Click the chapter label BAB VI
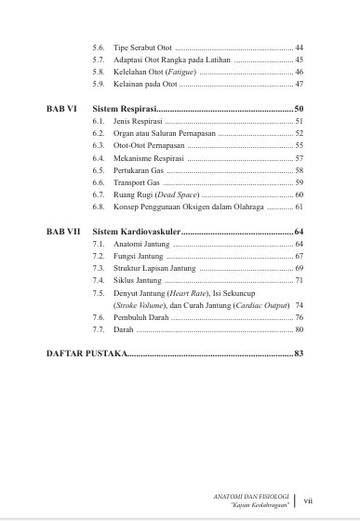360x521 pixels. (61, 109)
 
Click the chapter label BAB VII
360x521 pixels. (63, 230)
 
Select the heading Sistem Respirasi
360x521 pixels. (131, 109)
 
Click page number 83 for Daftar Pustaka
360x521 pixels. (298, 354)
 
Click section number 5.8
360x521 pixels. (99, 71)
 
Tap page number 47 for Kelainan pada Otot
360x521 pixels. (299, 84)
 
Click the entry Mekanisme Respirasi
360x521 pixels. (148, 159)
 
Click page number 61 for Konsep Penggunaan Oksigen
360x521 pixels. (299, 208)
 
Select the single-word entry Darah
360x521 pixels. (124, 329)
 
